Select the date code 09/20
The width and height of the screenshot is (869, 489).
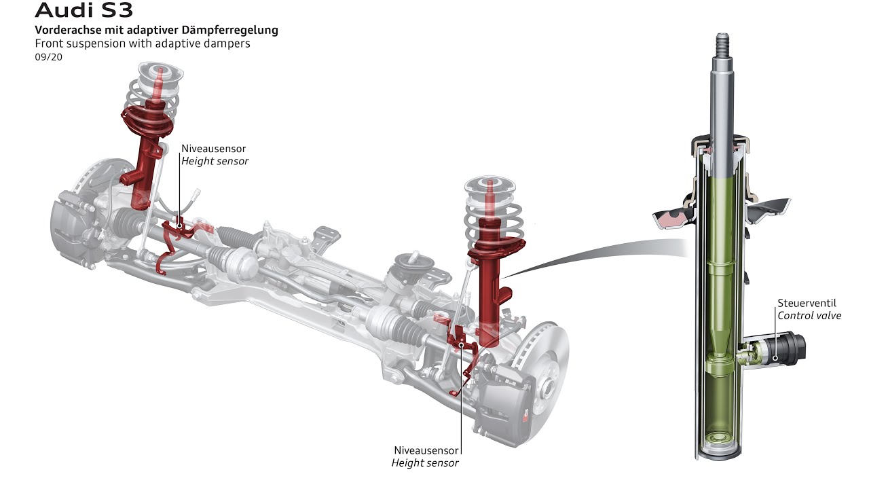[x=48, y=57]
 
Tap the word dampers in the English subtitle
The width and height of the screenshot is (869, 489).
[x=227, y=43]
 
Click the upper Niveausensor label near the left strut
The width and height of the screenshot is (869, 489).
[x=213, y=148]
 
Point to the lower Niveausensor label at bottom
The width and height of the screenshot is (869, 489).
[x=426, y=450]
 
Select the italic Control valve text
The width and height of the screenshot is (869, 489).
[x=809, y=316]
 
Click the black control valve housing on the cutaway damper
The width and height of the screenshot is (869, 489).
[x=788, y=347]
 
